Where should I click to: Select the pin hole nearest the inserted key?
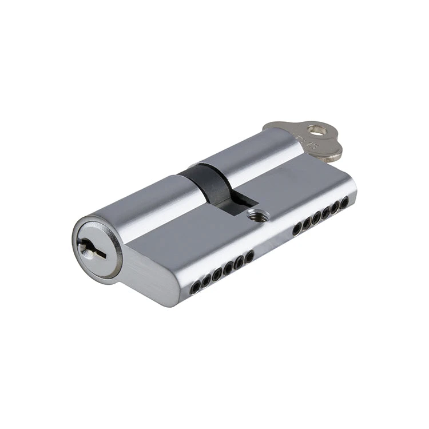(344, 202)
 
